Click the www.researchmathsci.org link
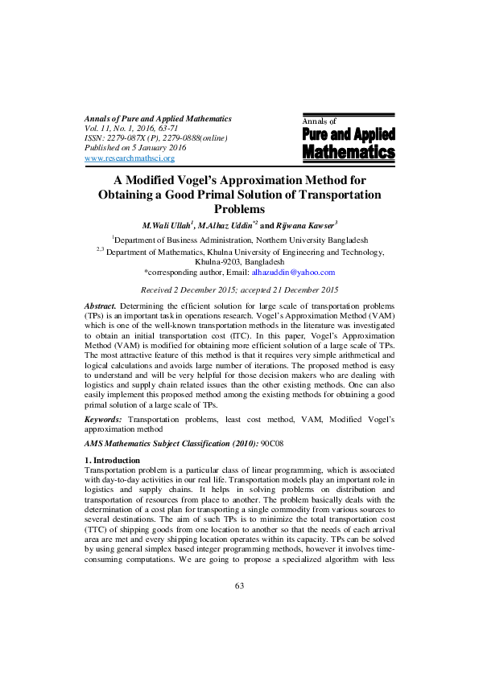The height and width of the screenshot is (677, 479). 130,158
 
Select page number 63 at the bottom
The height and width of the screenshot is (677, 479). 239,630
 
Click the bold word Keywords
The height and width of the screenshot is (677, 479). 104,420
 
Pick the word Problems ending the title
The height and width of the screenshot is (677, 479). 239,209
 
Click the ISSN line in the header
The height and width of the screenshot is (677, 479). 156,138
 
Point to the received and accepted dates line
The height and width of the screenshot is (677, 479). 239,289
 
